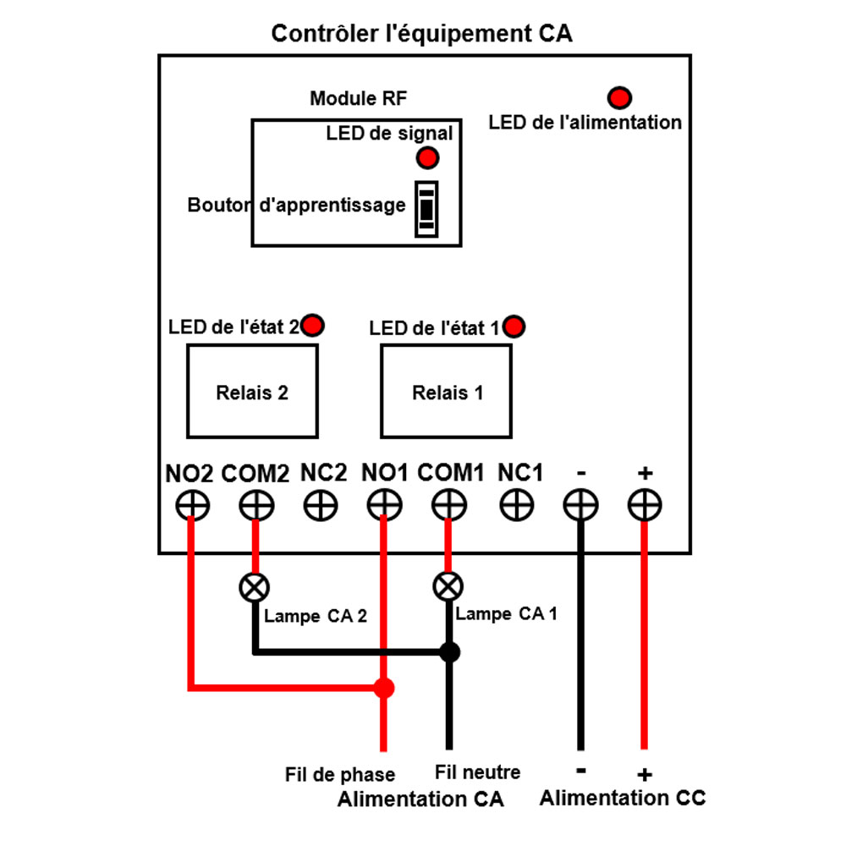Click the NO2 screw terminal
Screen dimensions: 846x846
(x=193, y=506)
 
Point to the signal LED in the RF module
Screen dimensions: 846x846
(x=427, y=157)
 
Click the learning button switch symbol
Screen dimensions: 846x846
(x=426, y=208)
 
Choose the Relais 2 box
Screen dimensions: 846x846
(x=252, y=392)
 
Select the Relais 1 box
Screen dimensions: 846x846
(x=447, y=392)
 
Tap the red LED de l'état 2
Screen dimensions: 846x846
(x=313, y=325)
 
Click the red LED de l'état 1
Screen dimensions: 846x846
(x=514, y=326)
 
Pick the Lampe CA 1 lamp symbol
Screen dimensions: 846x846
(x=448, y=585)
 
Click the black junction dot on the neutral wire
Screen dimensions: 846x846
(x=449, y=652)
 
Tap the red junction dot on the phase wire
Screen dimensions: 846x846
(x=384, y=689)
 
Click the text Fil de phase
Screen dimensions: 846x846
(x=340, y=774)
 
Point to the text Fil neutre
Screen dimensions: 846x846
(x=477, y=772)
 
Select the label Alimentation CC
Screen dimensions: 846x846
(x=623, y=798)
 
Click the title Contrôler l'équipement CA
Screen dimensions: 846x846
(x=421, y=34)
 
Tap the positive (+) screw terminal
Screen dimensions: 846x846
(x=645, y=506)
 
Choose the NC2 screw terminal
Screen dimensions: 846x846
(x=321, y=506)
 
